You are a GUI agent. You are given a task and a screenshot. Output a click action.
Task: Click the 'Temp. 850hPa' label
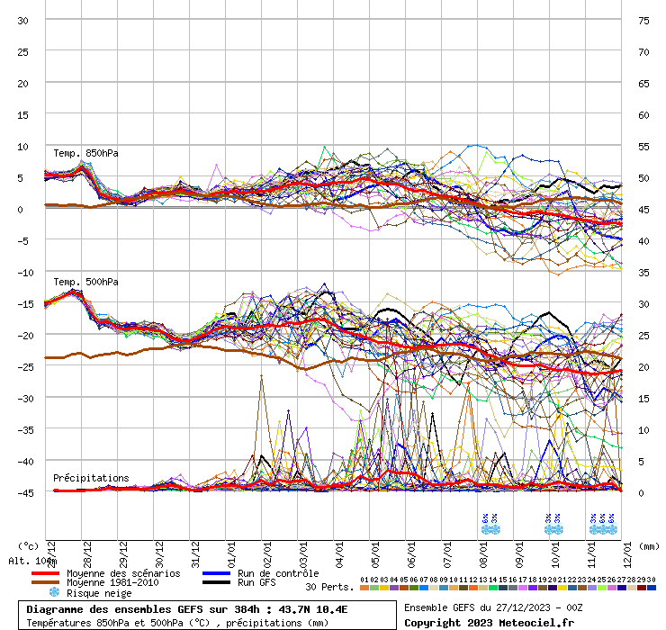point(85,153)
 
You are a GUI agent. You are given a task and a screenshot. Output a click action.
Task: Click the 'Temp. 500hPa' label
point(85,282)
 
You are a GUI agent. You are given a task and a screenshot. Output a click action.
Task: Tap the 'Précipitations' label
point(91,478)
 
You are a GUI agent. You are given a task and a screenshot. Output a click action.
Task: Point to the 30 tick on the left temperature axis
point(22,20)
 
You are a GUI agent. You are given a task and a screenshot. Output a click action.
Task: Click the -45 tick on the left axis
point(22,492)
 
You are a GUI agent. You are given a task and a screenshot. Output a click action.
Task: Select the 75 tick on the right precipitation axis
point(643,20)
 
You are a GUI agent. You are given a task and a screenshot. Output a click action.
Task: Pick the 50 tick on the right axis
point(643,177)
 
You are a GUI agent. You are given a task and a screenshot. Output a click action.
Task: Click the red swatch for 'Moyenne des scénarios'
point(45,573)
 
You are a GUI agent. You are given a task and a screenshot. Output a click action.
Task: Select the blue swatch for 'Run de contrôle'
point(216,573)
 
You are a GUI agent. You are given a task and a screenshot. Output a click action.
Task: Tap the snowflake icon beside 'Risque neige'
point(53,592)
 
